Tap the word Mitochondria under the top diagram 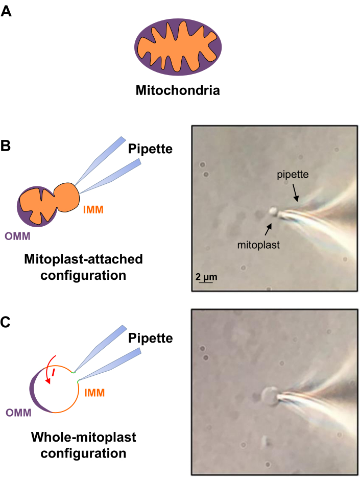pyautogui.click(x=177, y=91)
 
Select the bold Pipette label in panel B pyautogui.click(x=150, y=149)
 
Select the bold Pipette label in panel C pyautogui.click(x=150, y=338)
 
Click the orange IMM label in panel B pyautogui.click(x=94, y=209)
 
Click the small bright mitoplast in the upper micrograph pyautogui.click(x=274, y=210)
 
